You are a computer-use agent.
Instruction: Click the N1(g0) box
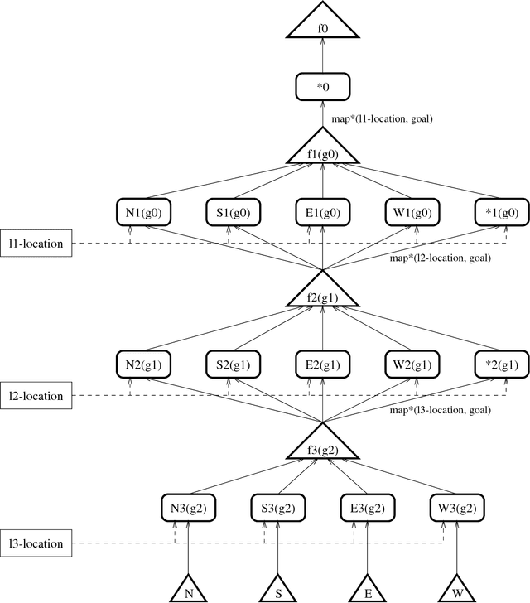click(x=142, y=212)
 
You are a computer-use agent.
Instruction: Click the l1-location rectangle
click(x=36, y=244)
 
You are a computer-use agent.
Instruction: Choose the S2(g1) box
click(x=232, y=364)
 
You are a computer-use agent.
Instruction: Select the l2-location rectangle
click(x=36, y=396)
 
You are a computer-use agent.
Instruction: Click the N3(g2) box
click(x=187, y=509)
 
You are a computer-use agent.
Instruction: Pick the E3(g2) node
click(x=367, y=509)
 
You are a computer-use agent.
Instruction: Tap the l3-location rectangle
click(x=36, y=544)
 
